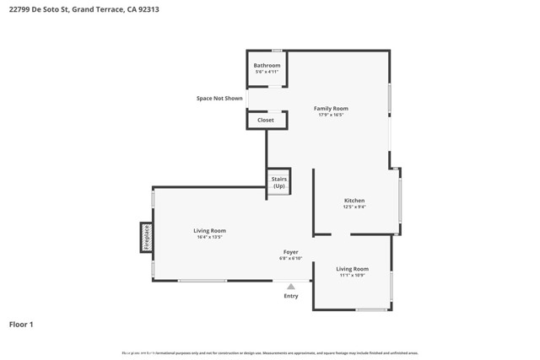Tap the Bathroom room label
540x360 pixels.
(267, 65)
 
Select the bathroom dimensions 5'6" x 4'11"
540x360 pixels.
(267, 72)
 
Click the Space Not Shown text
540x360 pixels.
(219, 99)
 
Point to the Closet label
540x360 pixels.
(266, 120)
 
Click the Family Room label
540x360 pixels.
(331, 108)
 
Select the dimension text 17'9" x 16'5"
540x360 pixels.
(331, 115)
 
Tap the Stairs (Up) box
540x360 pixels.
(278, 182)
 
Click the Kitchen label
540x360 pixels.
(354, 200)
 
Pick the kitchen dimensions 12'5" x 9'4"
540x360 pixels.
(354, 207)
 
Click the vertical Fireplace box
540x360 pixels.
(146, 237)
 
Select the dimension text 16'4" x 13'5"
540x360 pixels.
(209, 237)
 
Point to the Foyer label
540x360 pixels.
(290, 251)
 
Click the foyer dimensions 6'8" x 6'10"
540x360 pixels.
(290, 258)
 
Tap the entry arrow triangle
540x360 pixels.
(291, 287)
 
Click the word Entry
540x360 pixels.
(291, 296)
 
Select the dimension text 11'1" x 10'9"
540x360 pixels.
(353, 275)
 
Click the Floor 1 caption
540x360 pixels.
(22, 324)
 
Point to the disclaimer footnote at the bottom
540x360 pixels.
(270, 352)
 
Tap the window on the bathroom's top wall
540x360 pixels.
(276, 51)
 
